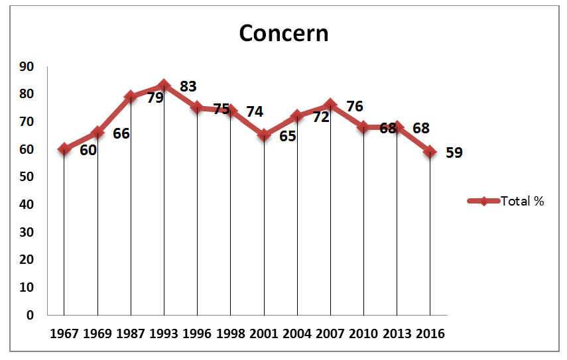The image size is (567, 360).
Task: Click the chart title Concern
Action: [x=283, y=33]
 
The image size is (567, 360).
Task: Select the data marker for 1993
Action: [x=164, y=86]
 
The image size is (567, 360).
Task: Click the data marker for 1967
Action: [x=64, y=149]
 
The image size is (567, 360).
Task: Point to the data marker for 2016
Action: [x=430, y=152]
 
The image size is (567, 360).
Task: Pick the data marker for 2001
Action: [x=264, y=135]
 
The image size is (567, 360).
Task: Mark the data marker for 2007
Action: [x=330, y=105]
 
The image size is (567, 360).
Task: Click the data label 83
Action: [x=188, y=86]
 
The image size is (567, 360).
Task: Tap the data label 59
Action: [x=454, y=152]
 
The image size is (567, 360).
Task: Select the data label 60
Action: [x=88, y=150]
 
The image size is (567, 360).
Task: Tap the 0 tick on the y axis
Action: [x=31, y=315]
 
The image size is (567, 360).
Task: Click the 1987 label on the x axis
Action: [x=131, y=333]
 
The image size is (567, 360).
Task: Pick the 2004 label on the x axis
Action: [x=297, y=333]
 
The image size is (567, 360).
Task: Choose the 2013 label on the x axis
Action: [x=397, y=333]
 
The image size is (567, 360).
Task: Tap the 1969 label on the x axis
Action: [x=97, y=333]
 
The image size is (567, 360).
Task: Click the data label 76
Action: [x=355, y=106]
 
